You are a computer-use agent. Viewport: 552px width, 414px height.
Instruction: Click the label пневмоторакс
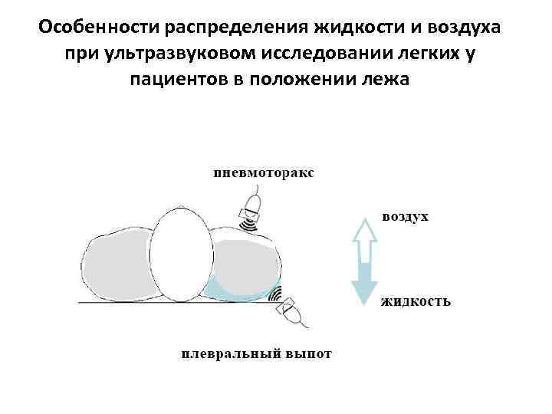pyautogui.click(x=263, y=172)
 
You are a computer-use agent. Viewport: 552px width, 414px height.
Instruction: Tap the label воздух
pyautogui.click(x=405, y=217)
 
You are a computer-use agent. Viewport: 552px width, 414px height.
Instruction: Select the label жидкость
pyautogui.click(x=416, y=301)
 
